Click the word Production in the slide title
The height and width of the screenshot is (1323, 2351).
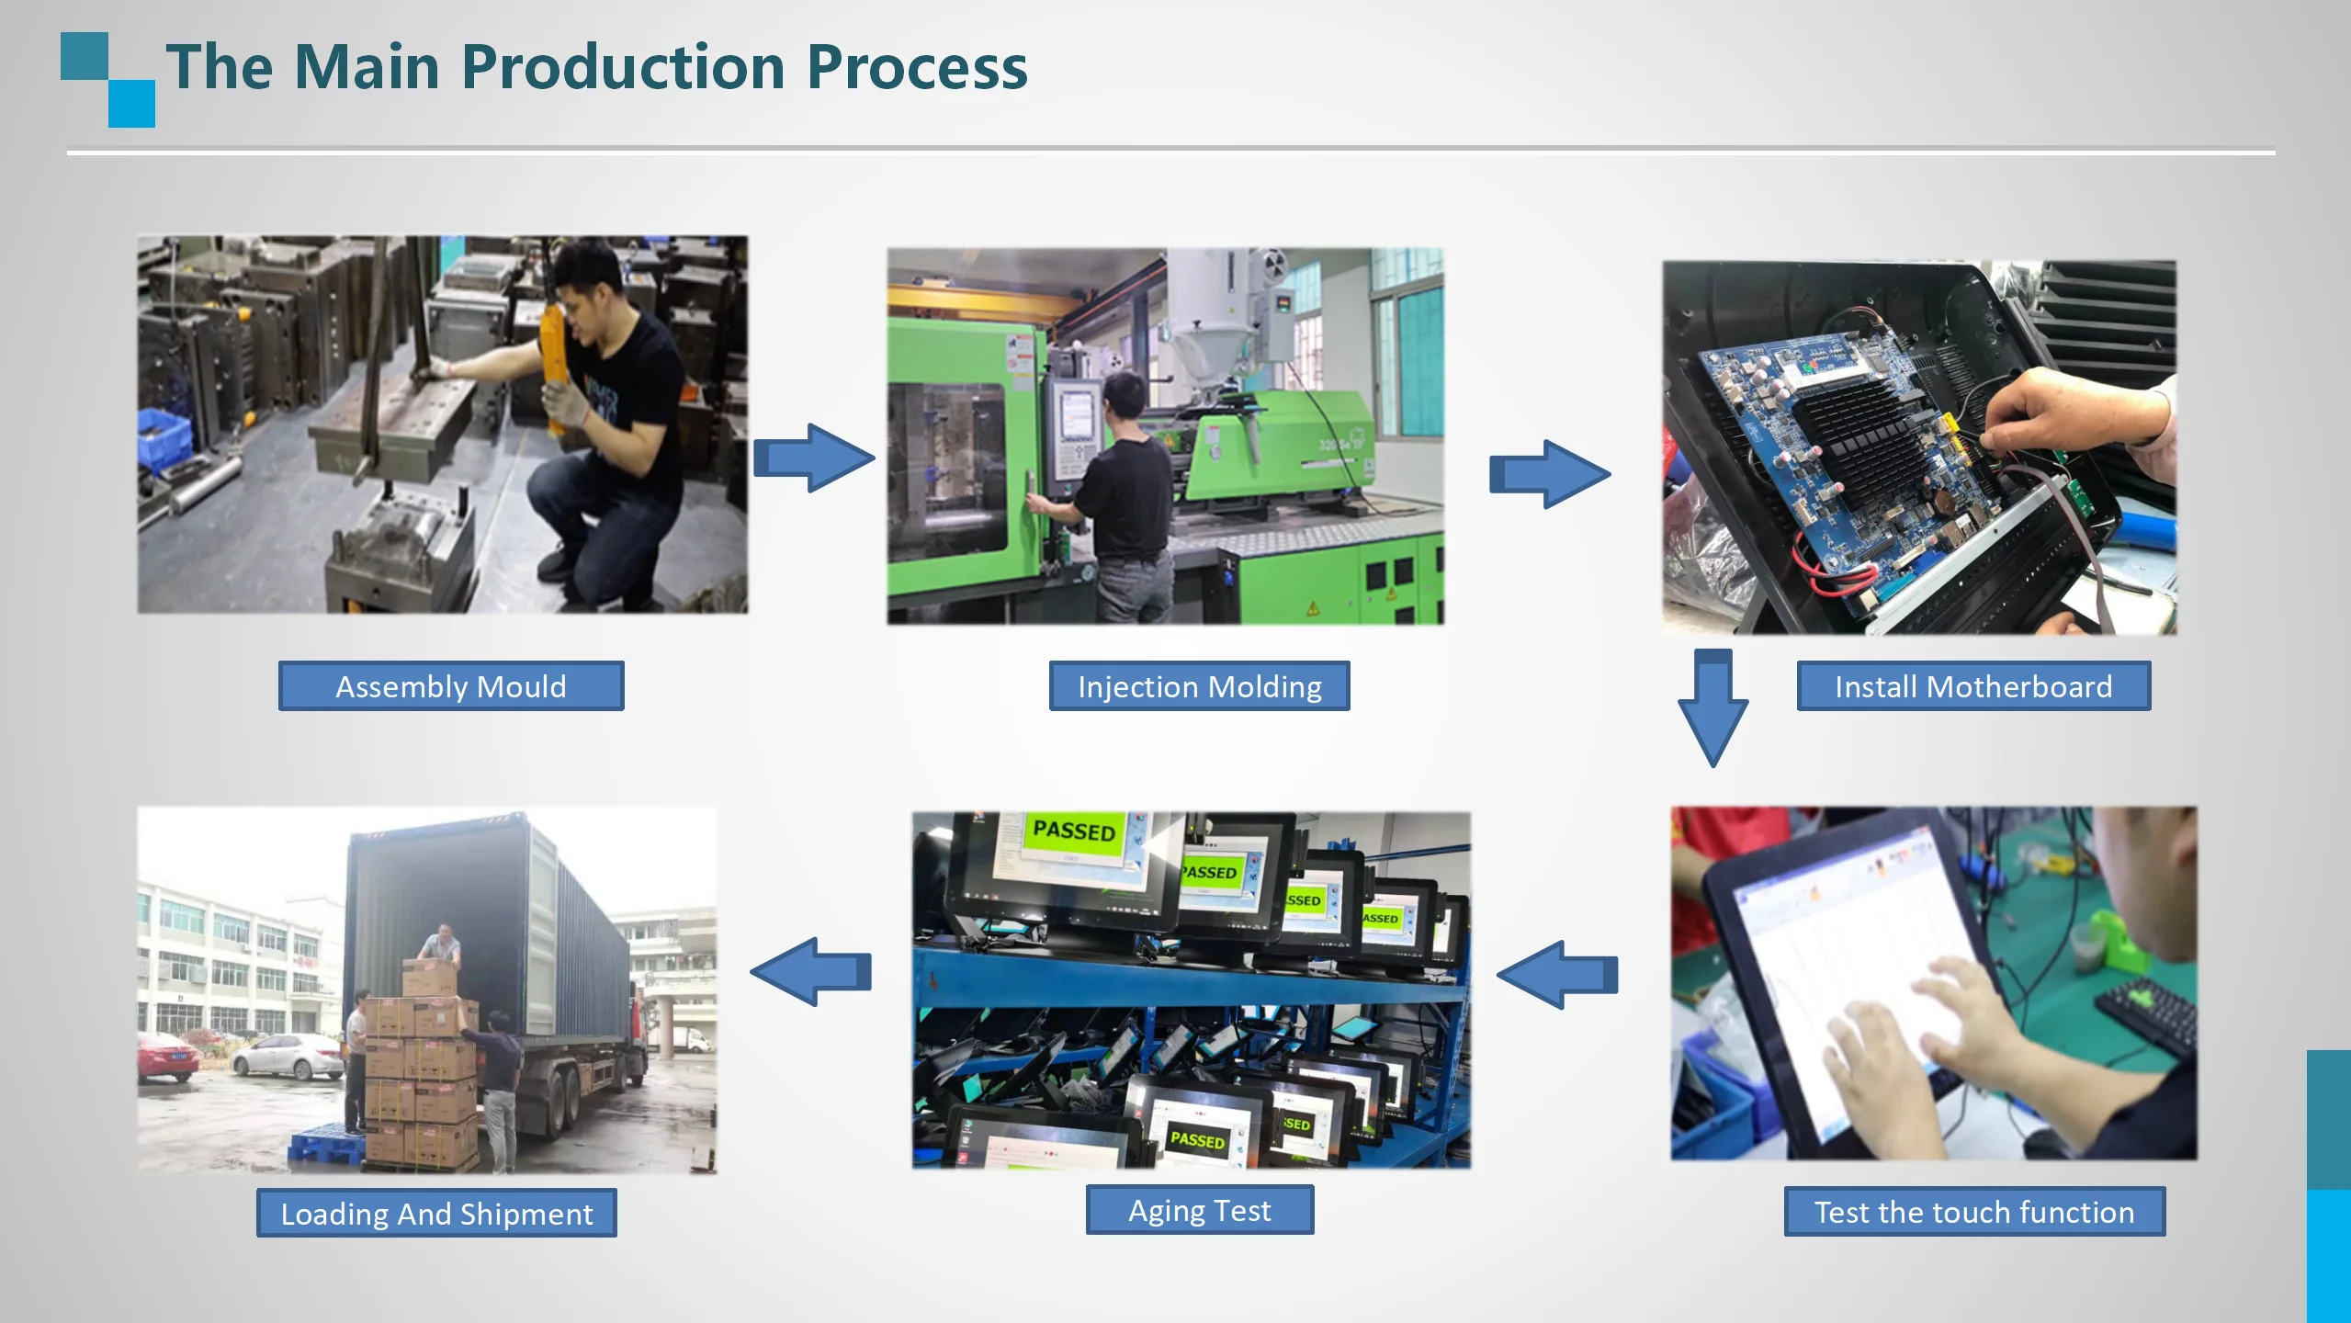tap(622, 67)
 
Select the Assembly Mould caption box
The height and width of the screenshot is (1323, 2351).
tap(450, 686)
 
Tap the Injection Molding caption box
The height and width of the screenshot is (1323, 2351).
tap(1199, 686)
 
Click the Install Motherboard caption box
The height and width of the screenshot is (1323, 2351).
tap(1972, 686)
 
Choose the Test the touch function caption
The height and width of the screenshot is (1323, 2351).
tap(1973, 1212)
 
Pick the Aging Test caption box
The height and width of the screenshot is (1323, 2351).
tap(1199, 1210)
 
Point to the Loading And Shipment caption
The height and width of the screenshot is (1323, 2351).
tap(436, 1214)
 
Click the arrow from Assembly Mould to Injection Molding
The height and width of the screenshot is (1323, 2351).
tap(813, 458)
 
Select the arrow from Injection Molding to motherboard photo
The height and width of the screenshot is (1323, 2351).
tap(1549, 474)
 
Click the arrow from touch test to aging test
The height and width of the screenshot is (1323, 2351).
tap(1558, 975)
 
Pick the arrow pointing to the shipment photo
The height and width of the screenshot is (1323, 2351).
tap(811, 972)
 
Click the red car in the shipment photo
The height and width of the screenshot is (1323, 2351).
tap(167, 1057)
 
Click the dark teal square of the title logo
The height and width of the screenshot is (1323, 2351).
tap(85, 56)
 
